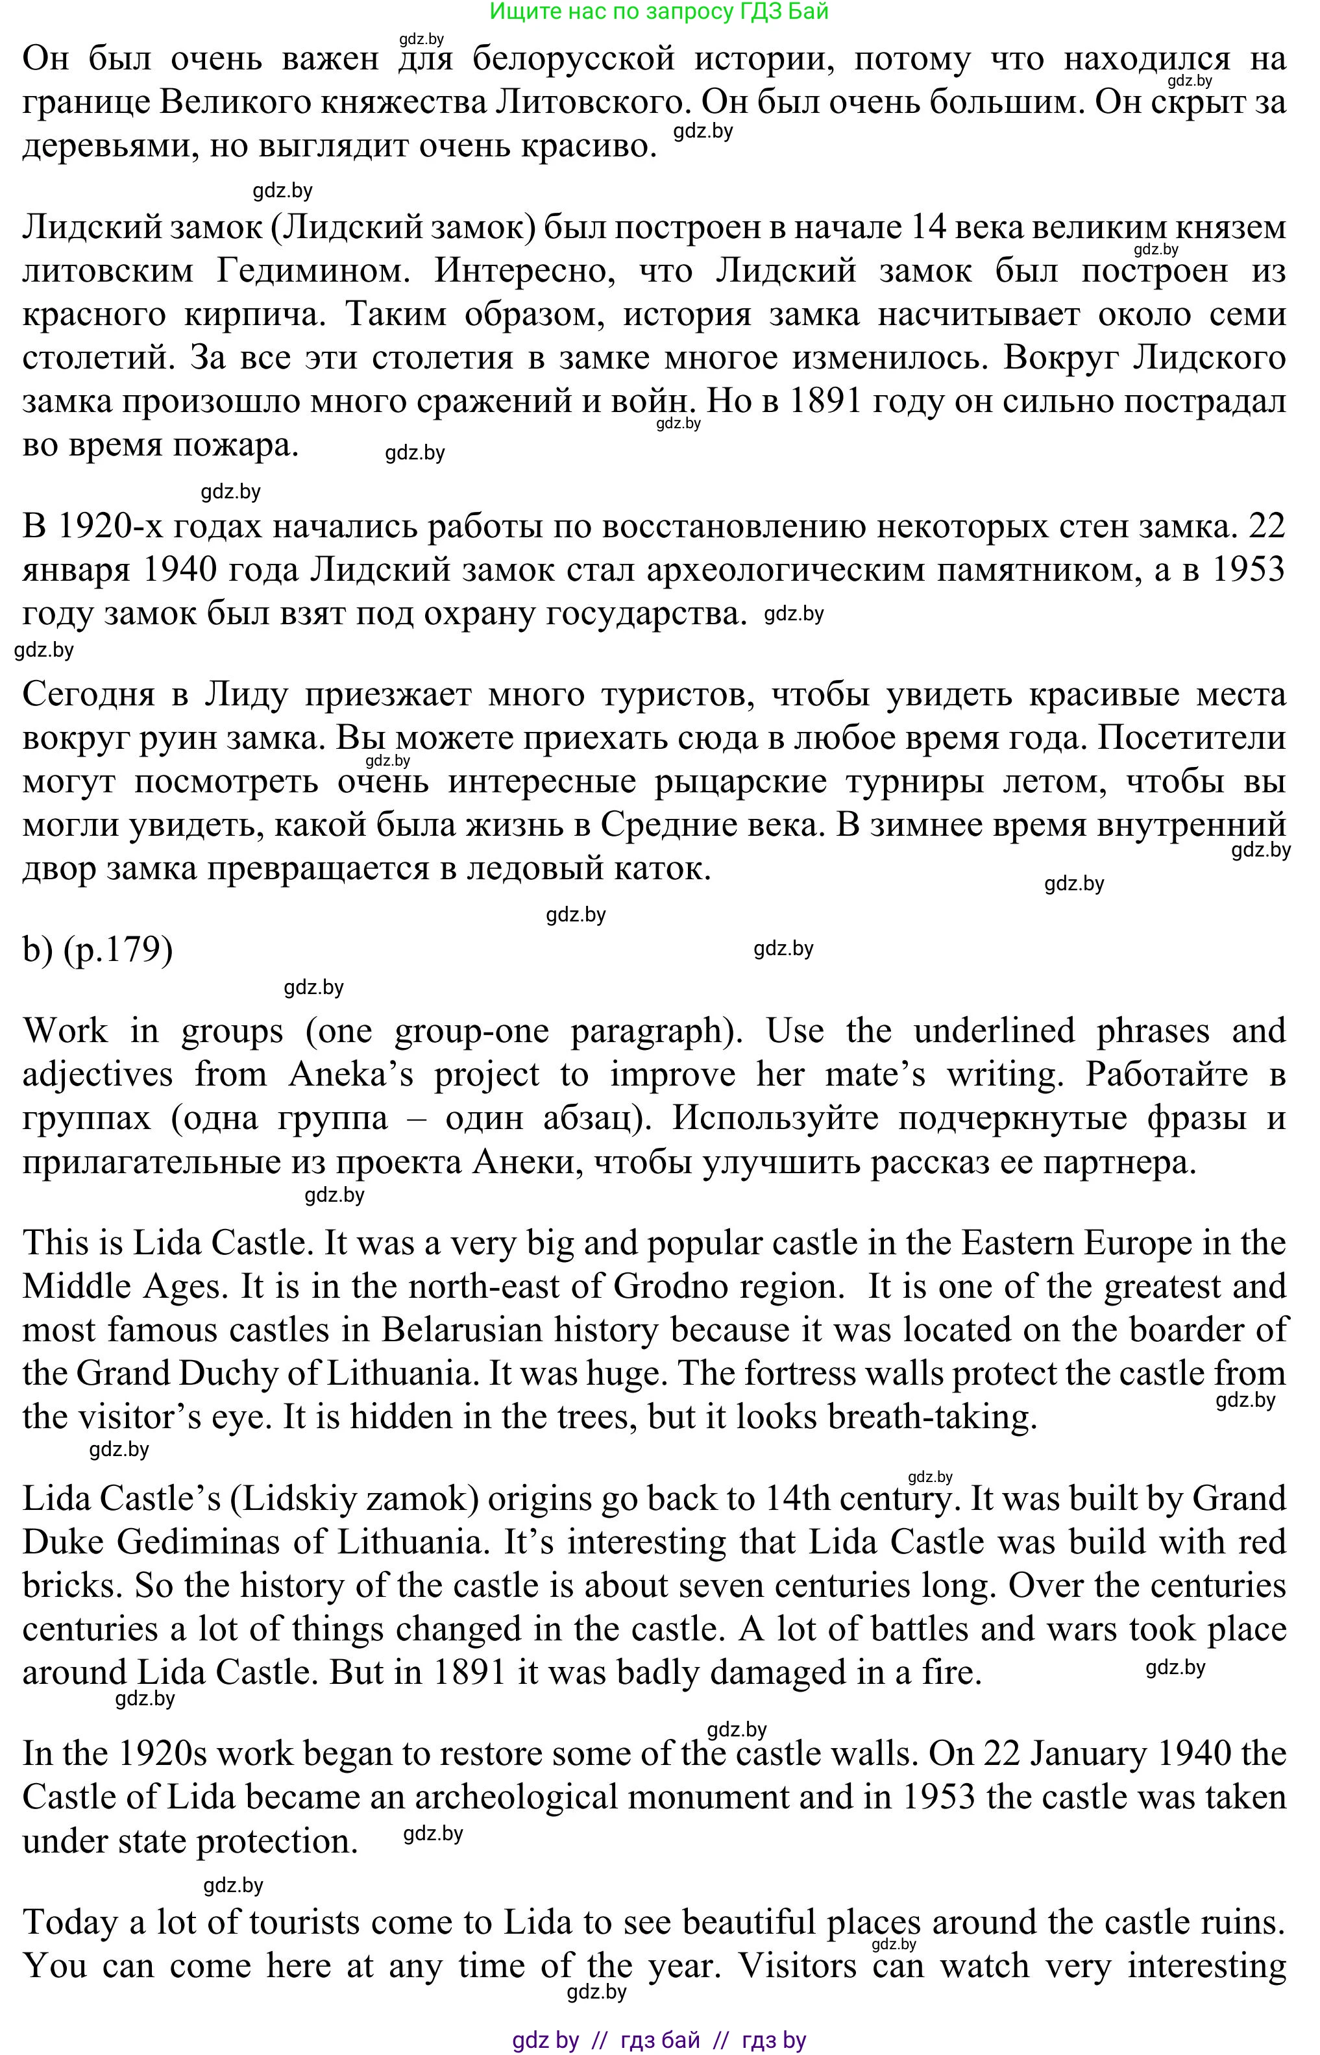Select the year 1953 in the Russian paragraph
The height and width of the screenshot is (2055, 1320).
pyautogui.click(x=1248, y=570)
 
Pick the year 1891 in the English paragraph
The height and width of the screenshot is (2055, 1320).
pyautogui.click(x=470, y=1673)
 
